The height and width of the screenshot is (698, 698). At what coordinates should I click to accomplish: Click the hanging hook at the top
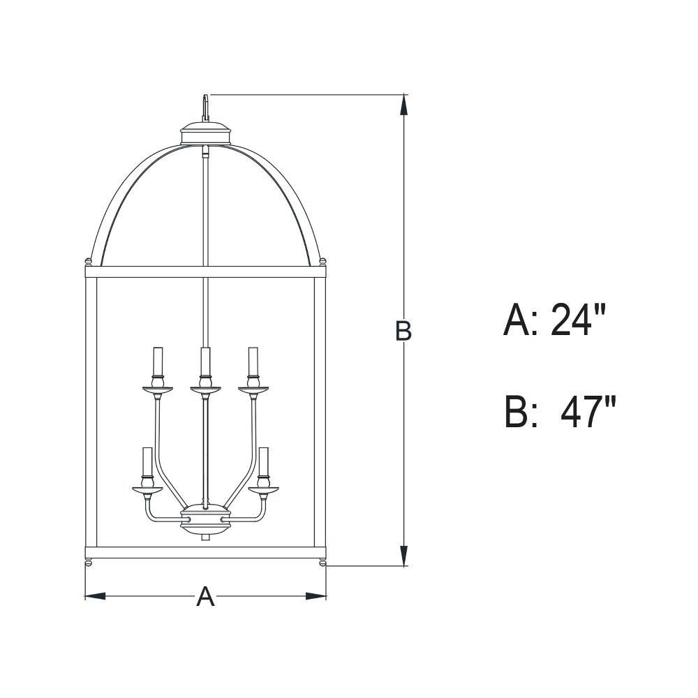click(x=205, y=107)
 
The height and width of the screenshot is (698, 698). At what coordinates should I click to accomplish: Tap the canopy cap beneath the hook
click(x=206, y=133)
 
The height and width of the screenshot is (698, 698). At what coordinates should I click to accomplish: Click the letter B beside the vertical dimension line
click(x=403, y=331)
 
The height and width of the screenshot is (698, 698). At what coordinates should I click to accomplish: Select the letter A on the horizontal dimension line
click(x=205, y=596)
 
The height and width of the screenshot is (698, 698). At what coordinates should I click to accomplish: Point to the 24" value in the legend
click(x=578, y=320)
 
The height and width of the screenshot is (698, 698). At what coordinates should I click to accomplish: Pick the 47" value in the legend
click(x=588, y=413)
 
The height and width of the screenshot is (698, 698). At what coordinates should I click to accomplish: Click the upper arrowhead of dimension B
click(x=403, y=106)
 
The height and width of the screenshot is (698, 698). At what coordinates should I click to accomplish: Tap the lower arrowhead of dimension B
click(x=403, y=555)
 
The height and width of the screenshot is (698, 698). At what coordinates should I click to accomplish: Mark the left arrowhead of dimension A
click(x=95, y=596)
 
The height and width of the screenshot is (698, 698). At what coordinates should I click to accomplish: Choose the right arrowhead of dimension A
click(x=315, y=596)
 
